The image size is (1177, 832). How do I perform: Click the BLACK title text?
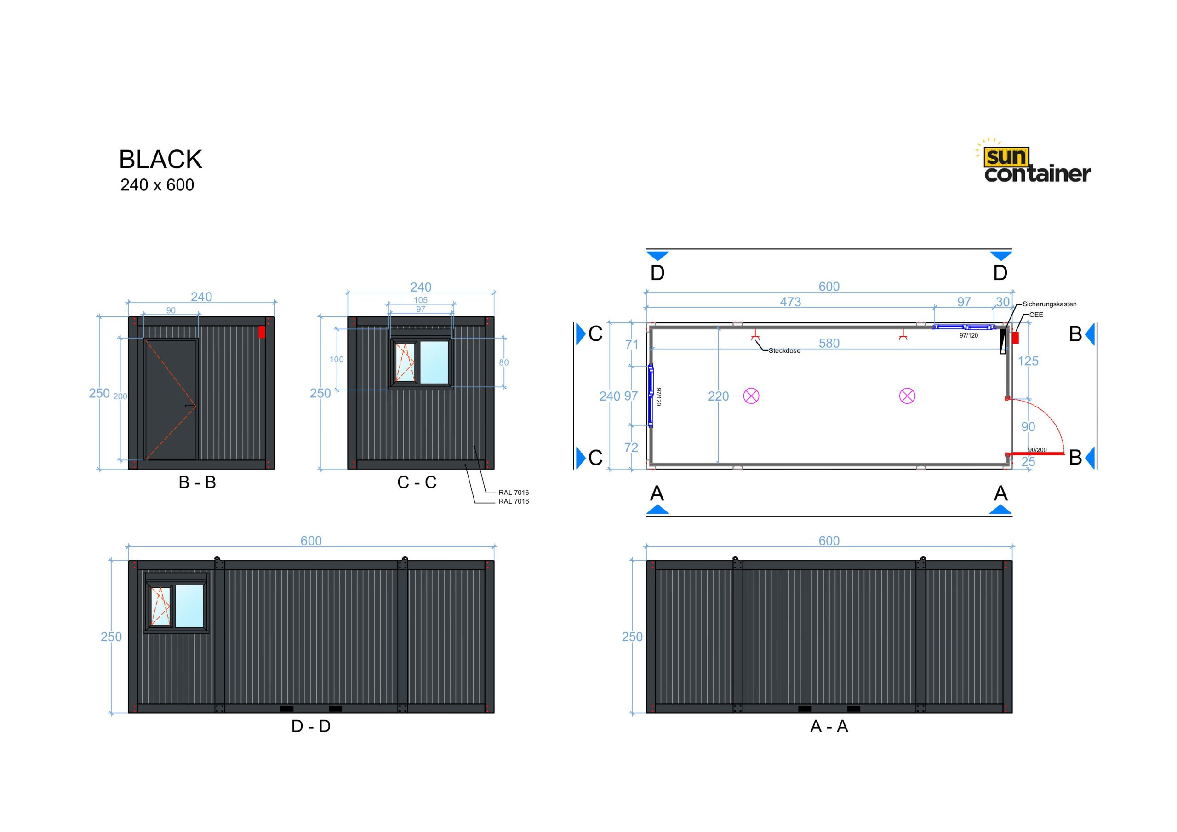[x=160, y=160]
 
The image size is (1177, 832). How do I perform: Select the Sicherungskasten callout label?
[x=1049, y=304]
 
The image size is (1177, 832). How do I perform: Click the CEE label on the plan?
[x=1036, y=315]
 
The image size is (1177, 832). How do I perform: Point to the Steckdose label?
[x=784, y=351]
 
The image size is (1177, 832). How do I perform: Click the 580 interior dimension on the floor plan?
[x=829, y=343]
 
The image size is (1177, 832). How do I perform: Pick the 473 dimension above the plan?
[x=790, y=302]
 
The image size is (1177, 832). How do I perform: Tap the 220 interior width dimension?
[x=718, y=396]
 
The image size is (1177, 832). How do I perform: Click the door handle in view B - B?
[x=190, y=406]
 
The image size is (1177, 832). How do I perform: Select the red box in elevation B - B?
[x=262, y=332]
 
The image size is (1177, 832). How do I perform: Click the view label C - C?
[x=417, y=482]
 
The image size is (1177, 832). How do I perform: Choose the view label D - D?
[x=311, y=726]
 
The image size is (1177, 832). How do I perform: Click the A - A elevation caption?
[x=829, y=726]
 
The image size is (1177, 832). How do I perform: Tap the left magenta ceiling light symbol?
[x=751, y=396]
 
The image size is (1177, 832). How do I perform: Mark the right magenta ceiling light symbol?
[x=907, y=396]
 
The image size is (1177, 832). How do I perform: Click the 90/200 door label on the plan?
[x=1038, y=450]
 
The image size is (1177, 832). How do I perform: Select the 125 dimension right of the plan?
[x=1028, y=361]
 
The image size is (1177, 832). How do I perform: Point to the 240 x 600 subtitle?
[x=157, y=185]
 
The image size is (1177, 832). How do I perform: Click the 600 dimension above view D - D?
[x=311, y=541]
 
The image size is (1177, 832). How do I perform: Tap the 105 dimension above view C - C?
[x=420, y=300]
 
